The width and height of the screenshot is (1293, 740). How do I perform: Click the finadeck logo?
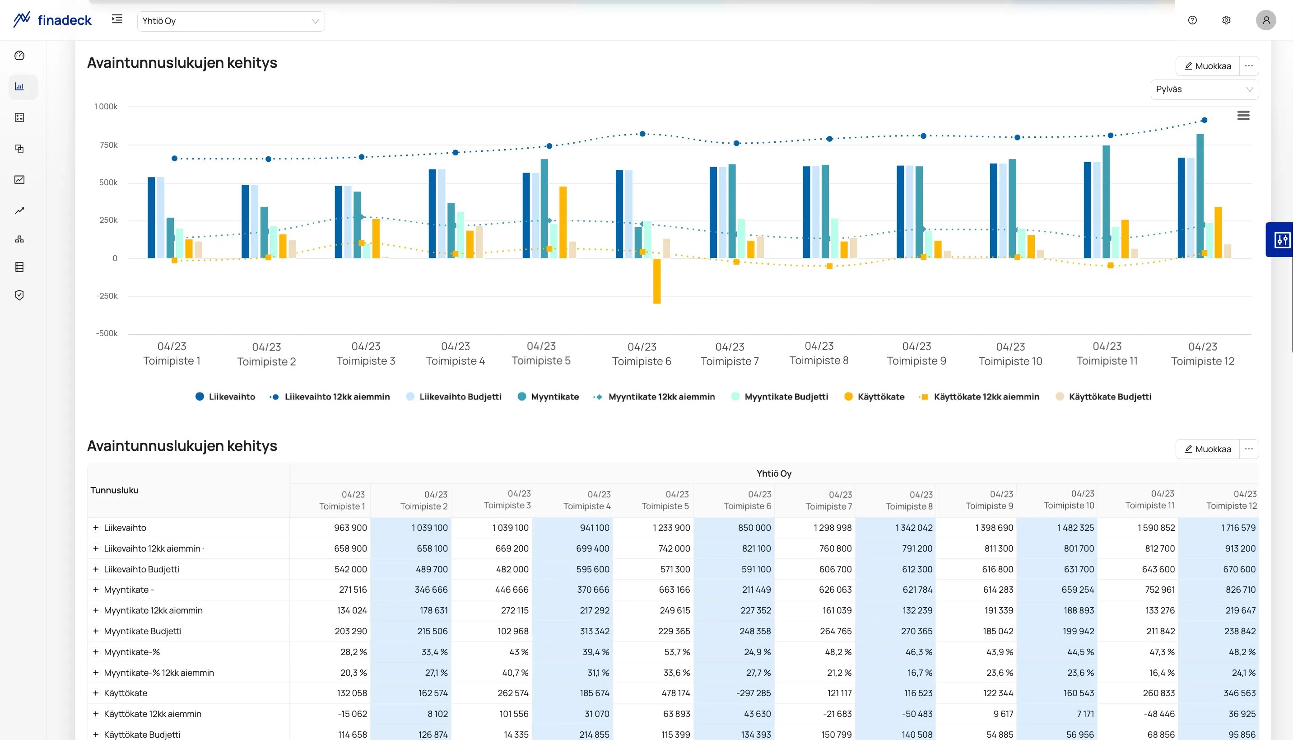tap(52, 20)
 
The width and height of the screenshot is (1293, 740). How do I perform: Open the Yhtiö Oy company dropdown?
tap(231, 21)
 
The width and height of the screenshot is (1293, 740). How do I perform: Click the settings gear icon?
tap(1226, 20)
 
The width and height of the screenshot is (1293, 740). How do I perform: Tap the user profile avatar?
tap(1265, 20)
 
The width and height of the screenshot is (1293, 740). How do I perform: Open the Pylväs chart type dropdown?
tap(1204, 89)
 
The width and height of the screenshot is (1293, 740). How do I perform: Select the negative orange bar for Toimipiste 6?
tap(656, 281)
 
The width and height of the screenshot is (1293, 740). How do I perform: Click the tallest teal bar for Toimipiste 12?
tap(1200, 196)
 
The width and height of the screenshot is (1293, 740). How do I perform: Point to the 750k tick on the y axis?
tap(109, 145)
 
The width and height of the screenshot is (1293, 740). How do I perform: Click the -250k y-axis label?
tap(107, 296)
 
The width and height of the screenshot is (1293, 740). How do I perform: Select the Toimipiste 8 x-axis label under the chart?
tap(819, 353)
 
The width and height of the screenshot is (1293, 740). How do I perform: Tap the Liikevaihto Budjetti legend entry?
tap(454, 397)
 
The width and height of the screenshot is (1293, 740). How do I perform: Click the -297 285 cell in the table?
tap(753, 693)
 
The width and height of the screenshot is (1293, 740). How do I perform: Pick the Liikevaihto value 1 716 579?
tap(1238, 528)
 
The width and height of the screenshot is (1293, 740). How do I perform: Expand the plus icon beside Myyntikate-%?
tap(95, 652)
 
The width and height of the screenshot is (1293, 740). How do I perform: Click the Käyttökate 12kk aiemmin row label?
tap(152, 714)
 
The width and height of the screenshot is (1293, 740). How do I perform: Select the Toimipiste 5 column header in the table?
tap(665, 500)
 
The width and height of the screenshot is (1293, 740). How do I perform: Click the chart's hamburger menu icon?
tap(1243, 116)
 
